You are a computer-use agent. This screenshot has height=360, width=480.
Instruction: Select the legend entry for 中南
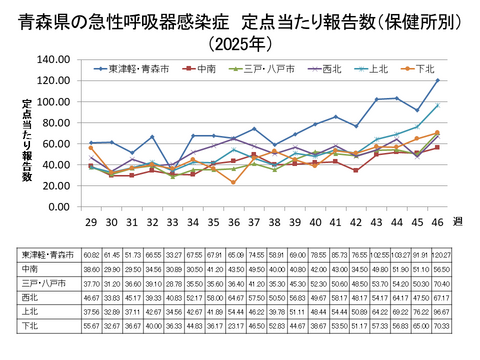(x=208, y=69)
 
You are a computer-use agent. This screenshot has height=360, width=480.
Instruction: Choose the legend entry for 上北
(x=378, y=69)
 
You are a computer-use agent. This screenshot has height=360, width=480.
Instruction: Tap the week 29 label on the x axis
(x=91, y=220)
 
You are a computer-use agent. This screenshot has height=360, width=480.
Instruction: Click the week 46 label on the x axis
(x=437, y=220)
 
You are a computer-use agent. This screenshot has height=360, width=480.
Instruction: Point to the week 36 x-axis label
(x=233, y=220)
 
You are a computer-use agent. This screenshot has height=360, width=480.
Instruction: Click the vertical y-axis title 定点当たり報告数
(x=27, y=140)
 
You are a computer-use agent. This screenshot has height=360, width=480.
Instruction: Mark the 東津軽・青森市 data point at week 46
(x=437, y=80)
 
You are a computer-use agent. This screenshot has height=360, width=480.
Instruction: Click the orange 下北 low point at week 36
(x=233, y=183)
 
